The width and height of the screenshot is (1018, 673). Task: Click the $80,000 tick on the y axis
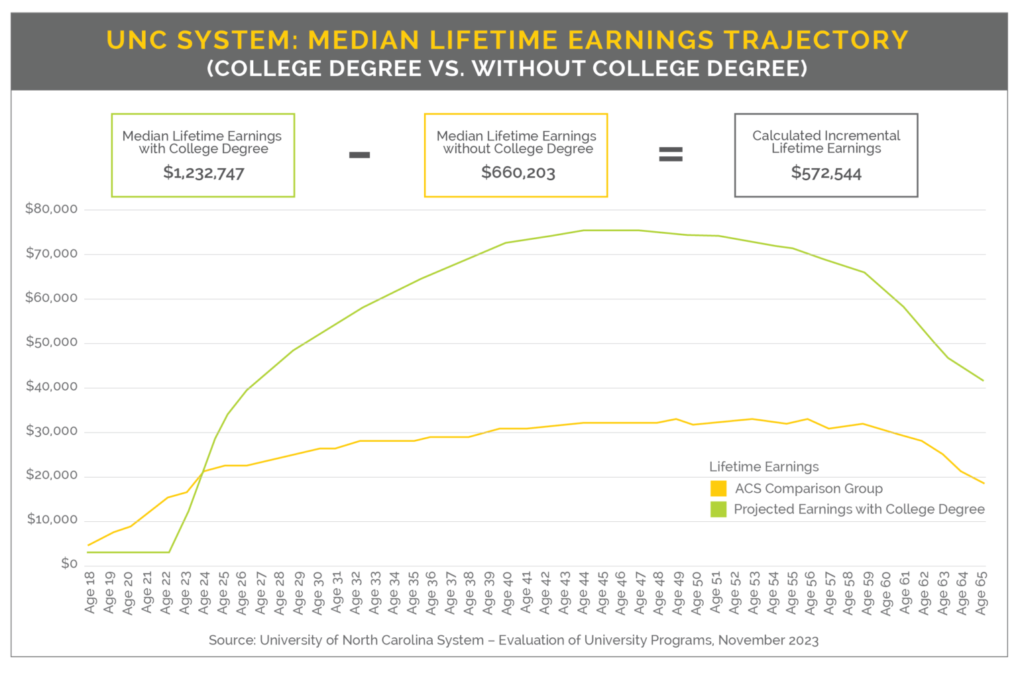(x=51, y=209)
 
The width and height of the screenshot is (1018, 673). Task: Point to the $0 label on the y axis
(x=69, y=564)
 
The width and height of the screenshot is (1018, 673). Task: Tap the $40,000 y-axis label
(x=51, y=387)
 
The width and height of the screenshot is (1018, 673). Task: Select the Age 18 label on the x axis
(x=91, y=593)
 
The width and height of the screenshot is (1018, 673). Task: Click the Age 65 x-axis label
(x=982, y=593)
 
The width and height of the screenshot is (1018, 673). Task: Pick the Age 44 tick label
(x=583, y=593)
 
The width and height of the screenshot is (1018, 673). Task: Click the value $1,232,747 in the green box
(x=203, y=174)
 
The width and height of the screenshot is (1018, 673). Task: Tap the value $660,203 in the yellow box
(x=518, y=174)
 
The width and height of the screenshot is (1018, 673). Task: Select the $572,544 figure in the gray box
(x=826, y=174)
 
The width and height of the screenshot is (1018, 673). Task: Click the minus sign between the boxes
(x=359, y=155)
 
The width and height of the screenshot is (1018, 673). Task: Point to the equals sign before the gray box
(x=670, y=155)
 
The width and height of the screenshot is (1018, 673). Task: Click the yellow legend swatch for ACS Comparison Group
(x=718, y=489)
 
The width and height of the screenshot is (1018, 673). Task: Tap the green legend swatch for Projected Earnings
(x=718, y=509)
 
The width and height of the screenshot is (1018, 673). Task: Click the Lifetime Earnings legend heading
(x=763, y=467)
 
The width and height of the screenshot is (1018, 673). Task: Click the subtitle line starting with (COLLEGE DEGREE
(x=508, y=69)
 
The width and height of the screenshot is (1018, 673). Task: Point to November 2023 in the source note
(x=768, y=641)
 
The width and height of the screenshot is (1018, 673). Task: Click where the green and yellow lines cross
(x=202, y=472)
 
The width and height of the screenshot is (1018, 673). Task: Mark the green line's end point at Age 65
(x=984, y=381)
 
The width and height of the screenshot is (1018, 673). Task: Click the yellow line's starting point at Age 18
(x=88, y=546)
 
